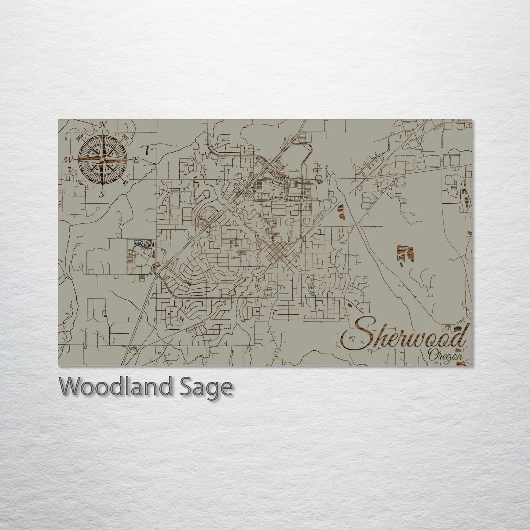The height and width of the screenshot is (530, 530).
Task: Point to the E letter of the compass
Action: click(136, 160)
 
